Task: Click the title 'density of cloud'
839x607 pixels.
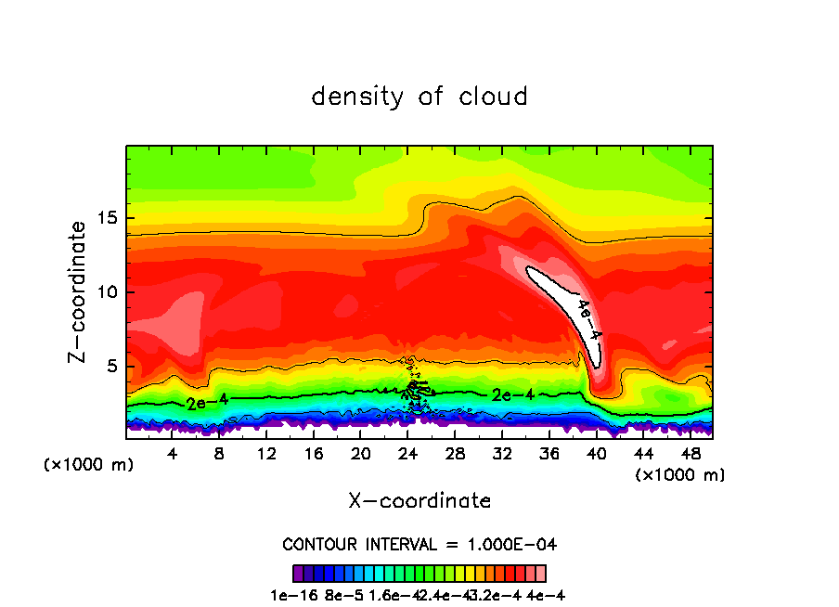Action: click(x=419, y=97)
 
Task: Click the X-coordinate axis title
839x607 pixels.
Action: click(x=419, y=501)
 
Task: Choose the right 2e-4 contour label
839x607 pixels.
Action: click(x=512, y=394)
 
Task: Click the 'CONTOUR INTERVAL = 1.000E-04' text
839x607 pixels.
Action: click(x=419, y=544)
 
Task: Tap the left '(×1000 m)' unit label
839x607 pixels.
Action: click(x=89, y=465)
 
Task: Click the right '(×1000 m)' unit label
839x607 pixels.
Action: click(x=680, y=475)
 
